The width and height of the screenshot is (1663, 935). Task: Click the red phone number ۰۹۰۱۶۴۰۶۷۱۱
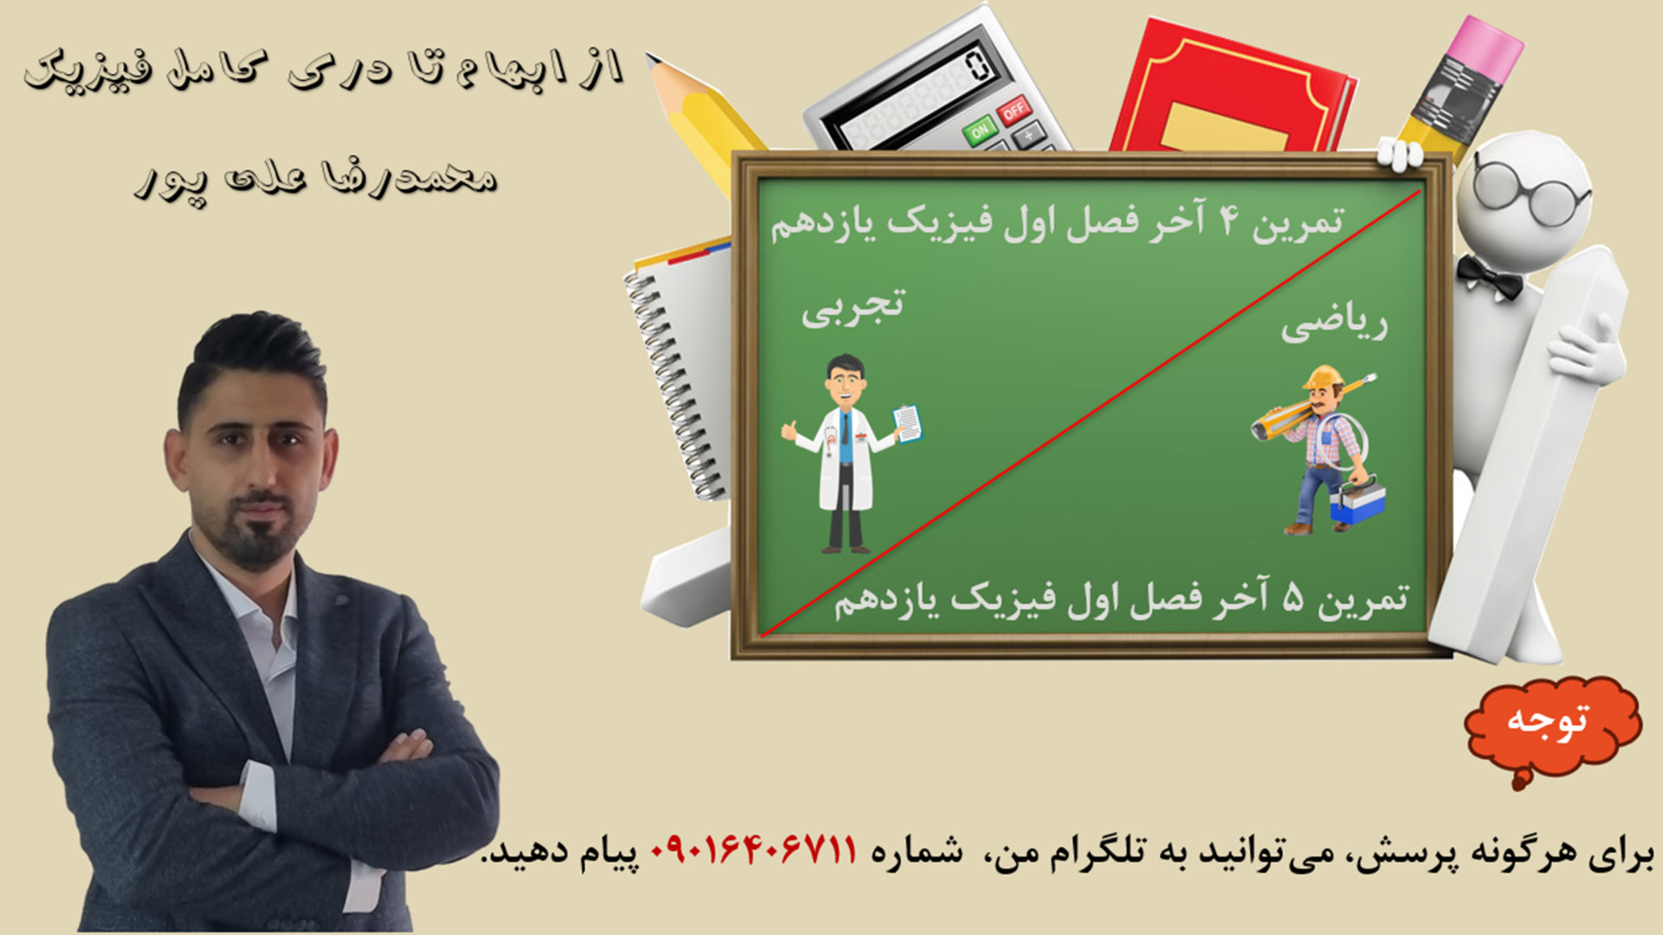coord(754,851)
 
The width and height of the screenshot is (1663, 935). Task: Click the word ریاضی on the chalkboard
coord(1334,325)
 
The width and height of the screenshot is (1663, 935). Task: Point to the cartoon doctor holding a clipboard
coord(849,455)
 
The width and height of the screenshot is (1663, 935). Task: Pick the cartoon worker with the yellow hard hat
coord(1321,450)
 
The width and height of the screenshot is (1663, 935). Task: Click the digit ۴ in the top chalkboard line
coord(1229,222)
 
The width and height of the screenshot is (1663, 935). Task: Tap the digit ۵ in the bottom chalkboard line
coord(1292,599)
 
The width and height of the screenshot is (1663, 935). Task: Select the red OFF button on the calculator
coord(1013,110)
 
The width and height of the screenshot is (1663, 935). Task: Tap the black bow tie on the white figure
coord(1489,276)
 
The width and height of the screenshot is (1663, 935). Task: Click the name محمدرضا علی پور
coord(316,180)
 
